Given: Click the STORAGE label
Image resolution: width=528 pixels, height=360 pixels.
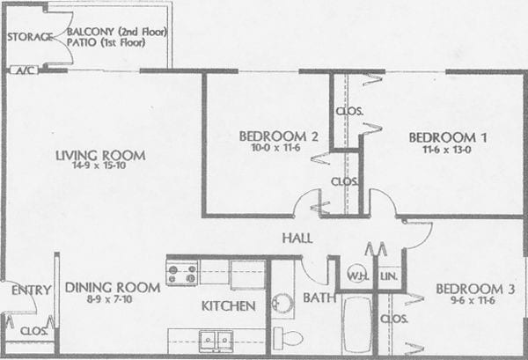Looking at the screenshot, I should (x=27, y=36).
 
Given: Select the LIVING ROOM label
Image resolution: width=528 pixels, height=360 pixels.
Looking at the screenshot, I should (x=99, y=156).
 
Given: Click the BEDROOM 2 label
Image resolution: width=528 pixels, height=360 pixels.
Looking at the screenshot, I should (x=272, y=136).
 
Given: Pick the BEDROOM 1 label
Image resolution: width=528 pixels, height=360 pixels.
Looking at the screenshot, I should (x=448, y=137).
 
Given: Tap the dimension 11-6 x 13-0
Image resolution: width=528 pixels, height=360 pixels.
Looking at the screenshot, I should (x=448, y=150).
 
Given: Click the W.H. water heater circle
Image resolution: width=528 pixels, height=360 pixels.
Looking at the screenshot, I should (x=356, y=273).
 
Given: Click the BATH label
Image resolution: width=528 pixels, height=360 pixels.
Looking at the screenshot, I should (x=319, y=298).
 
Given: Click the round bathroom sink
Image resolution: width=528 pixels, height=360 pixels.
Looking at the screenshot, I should (x=282, y=304).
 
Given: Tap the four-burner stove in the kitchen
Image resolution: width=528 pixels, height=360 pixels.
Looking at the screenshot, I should (x=182, y=272).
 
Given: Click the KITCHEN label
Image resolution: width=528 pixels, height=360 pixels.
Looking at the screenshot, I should (x=228, y=306).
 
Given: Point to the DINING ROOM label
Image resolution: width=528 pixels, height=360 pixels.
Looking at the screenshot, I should (x=112, y=287).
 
